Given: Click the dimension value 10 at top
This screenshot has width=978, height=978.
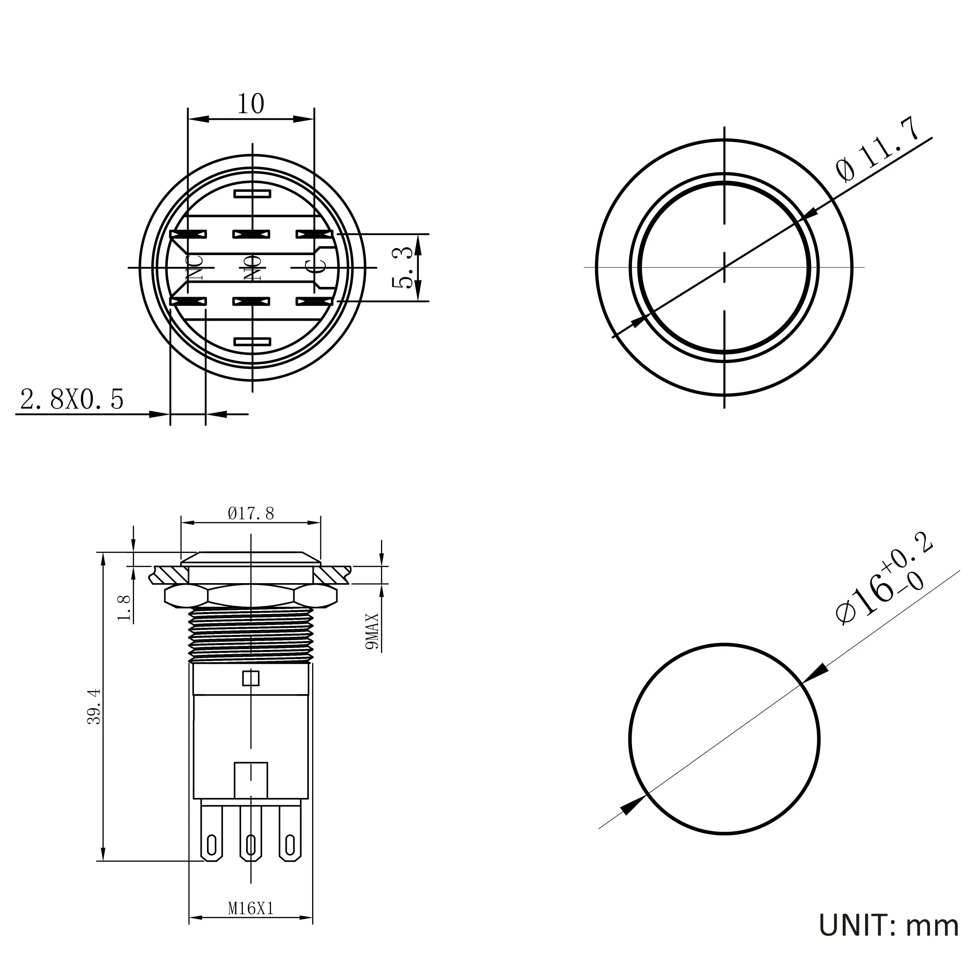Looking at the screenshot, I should pyautogui.click(x=251, y=104).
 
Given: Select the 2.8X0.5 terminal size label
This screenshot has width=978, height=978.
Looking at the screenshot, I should pyautogui.click(x=71, y=399).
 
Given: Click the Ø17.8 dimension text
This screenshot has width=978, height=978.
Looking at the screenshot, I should pyautogui.click(x=251, y=514).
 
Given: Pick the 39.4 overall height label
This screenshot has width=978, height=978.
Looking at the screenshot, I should pyautogui.click(x=95, y=707).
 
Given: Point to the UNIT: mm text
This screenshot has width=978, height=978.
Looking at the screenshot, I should pyautogui.click(x=888, y=926).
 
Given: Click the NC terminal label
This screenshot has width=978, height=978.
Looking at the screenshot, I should pyautogui.click(x=196, y=268).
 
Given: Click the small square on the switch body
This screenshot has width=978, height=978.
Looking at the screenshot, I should pyautogui.click(x=251, y=678).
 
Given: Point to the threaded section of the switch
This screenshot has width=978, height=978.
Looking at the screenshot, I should pyautogui.click(x=251, y=635).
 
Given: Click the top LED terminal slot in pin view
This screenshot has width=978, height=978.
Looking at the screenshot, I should pyautogui.click(x=252, y=194).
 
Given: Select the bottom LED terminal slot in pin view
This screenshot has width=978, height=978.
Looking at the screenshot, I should pyautogui.click(x=252, y=342).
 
